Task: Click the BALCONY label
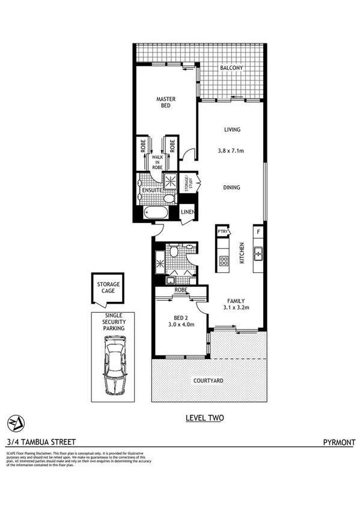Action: tap(231, 68)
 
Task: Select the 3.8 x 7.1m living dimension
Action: tap(231, 150)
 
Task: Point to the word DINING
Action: tap(231, 188)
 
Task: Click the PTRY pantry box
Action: tap(222, 232)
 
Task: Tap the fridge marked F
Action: tap(258, 232)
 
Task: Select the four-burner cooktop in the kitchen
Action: tap(223, 260)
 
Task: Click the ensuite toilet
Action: tap(170, 199)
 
